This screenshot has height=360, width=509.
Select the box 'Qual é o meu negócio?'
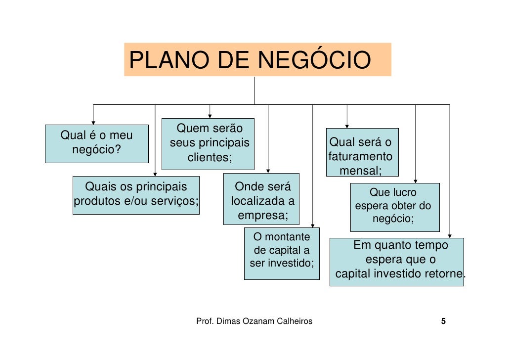coord(96,143)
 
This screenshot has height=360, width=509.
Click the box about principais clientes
coord(208,144)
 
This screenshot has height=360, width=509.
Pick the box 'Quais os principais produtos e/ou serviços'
coord(136,195)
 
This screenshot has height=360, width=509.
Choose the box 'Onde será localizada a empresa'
coord(261,199)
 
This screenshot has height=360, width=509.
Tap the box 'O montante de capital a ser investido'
coord(282,253)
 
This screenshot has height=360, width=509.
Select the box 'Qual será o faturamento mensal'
coord(362,152)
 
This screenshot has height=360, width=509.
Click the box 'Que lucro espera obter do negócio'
coord(394,207)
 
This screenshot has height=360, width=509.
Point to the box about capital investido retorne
coord(396,262)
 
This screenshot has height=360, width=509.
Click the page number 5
coord(443,321)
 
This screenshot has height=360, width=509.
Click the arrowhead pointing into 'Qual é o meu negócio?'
coord(93,122)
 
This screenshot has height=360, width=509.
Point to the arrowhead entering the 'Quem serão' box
coord(210,116)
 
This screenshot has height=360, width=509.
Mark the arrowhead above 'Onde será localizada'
coord(268,171)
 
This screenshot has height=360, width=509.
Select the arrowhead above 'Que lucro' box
coord(415,180)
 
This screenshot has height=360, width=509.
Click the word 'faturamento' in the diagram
coord(360,157)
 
